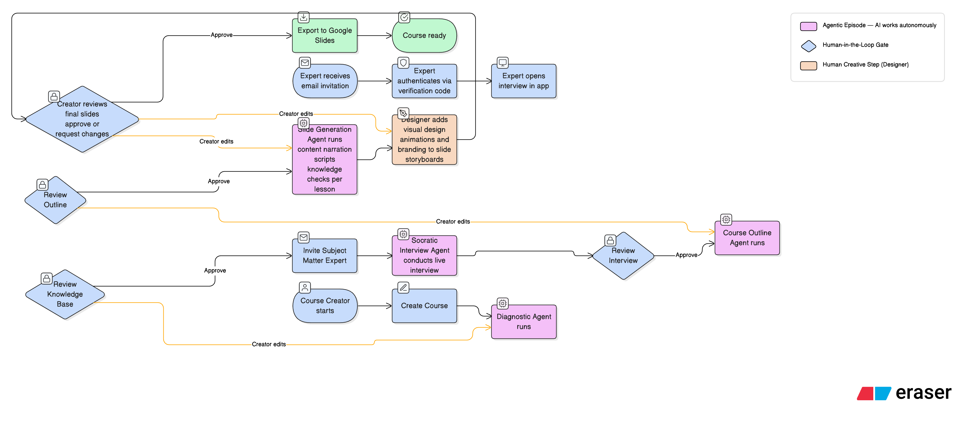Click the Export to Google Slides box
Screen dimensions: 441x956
(324, 36)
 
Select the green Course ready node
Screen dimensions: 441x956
(424, 36)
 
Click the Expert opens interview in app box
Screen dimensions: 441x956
(523, 81)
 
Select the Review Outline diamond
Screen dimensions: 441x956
(55, 200)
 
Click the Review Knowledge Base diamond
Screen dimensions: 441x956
(65, 294)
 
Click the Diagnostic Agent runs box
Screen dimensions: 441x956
(523, 322)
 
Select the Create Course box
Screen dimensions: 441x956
(424, 306)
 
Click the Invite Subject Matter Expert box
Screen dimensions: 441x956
(324, 256)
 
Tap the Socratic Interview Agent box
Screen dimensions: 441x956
(424, 256)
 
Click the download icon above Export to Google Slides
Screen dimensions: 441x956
(304, 17)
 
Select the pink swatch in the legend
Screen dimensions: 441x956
(808, 26)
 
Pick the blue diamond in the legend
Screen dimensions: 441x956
(808, 46)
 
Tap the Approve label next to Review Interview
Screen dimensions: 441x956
(686, 255)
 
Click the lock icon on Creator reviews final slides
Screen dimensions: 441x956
(54, 96)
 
